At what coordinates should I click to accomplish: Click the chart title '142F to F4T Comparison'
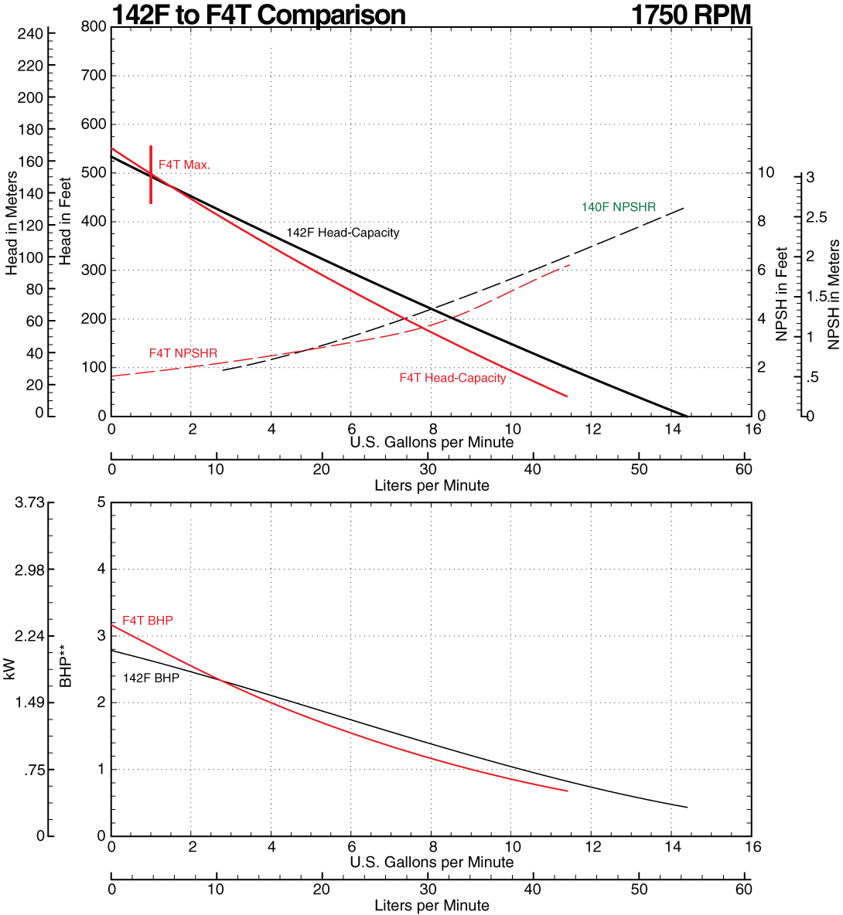[x=258, y=15]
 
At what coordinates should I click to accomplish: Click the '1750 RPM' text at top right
[x=691, y=15]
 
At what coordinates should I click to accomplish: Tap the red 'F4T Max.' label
[x=184, y=165]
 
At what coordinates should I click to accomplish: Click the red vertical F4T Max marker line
[x=151, y=189]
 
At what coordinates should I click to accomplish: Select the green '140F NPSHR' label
[x=618, y=207]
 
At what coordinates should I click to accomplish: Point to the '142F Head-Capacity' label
[x=343, y=233]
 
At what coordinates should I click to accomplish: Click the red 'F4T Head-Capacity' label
[x=452, y=378]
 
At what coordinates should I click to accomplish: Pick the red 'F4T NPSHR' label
[x=183, y=353]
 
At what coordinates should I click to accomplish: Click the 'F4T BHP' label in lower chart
[x=148, y=621]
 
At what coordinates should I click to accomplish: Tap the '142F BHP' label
[x=151, y=678]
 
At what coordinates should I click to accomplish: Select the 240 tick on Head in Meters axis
[x=30, y=34]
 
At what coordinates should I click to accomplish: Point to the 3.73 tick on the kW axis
[x=29, y=502]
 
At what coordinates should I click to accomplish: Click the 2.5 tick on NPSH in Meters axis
[x=817, y=218]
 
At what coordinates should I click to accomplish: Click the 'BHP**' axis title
[x=67, y=672]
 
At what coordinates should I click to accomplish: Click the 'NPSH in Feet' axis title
[x=782, y=294]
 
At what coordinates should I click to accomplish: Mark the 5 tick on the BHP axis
[x=101, y=502]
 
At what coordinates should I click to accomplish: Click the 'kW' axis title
[x=10, y=668]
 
